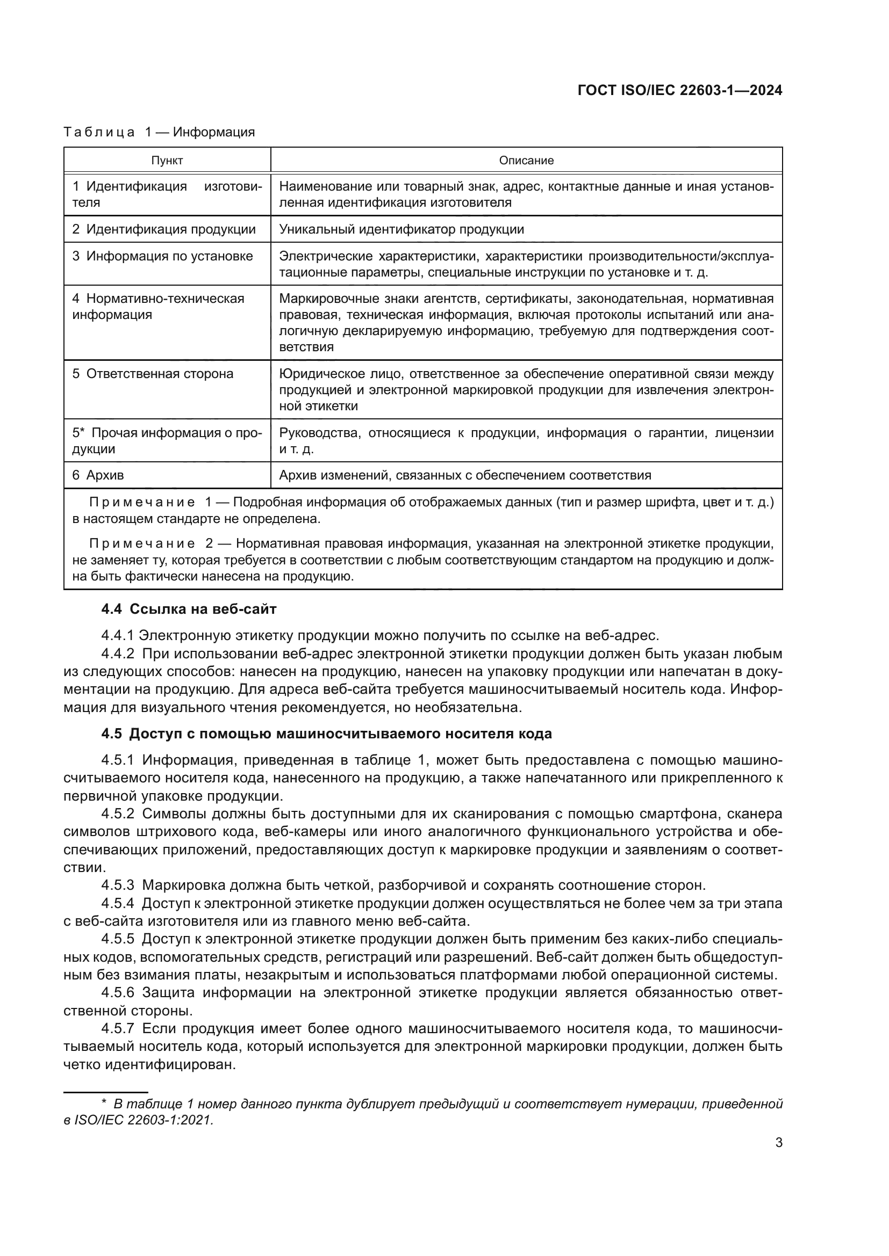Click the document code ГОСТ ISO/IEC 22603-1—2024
[x=679, y=91]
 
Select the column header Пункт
[x=167, y=160]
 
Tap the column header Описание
[x=526, y=160]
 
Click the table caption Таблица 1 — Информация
[x=159, y=132]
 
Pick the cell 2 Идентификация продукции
[x=164, y=229]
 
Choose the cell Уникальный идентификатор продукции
[x=402, y=229]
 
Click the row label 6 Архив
[x=98, y=475]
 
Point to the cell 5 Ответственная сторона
[x=153, y=374]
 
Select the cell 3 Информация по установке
[x=162, y=256]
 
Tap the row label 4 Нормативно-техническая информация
[x=158, y=306]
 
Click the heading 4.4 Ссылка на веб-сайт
[x=189, y=609]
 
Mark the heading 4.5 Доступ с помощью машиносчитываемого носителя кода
[x=326, y=734]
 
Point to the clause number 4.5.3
[x=118, y=885]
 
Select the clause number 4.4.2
[x=118, y=654]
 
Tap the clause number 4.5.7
[x=118, y=1028]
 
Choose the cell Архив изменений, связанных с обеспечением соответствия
[x=465, y=475]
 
